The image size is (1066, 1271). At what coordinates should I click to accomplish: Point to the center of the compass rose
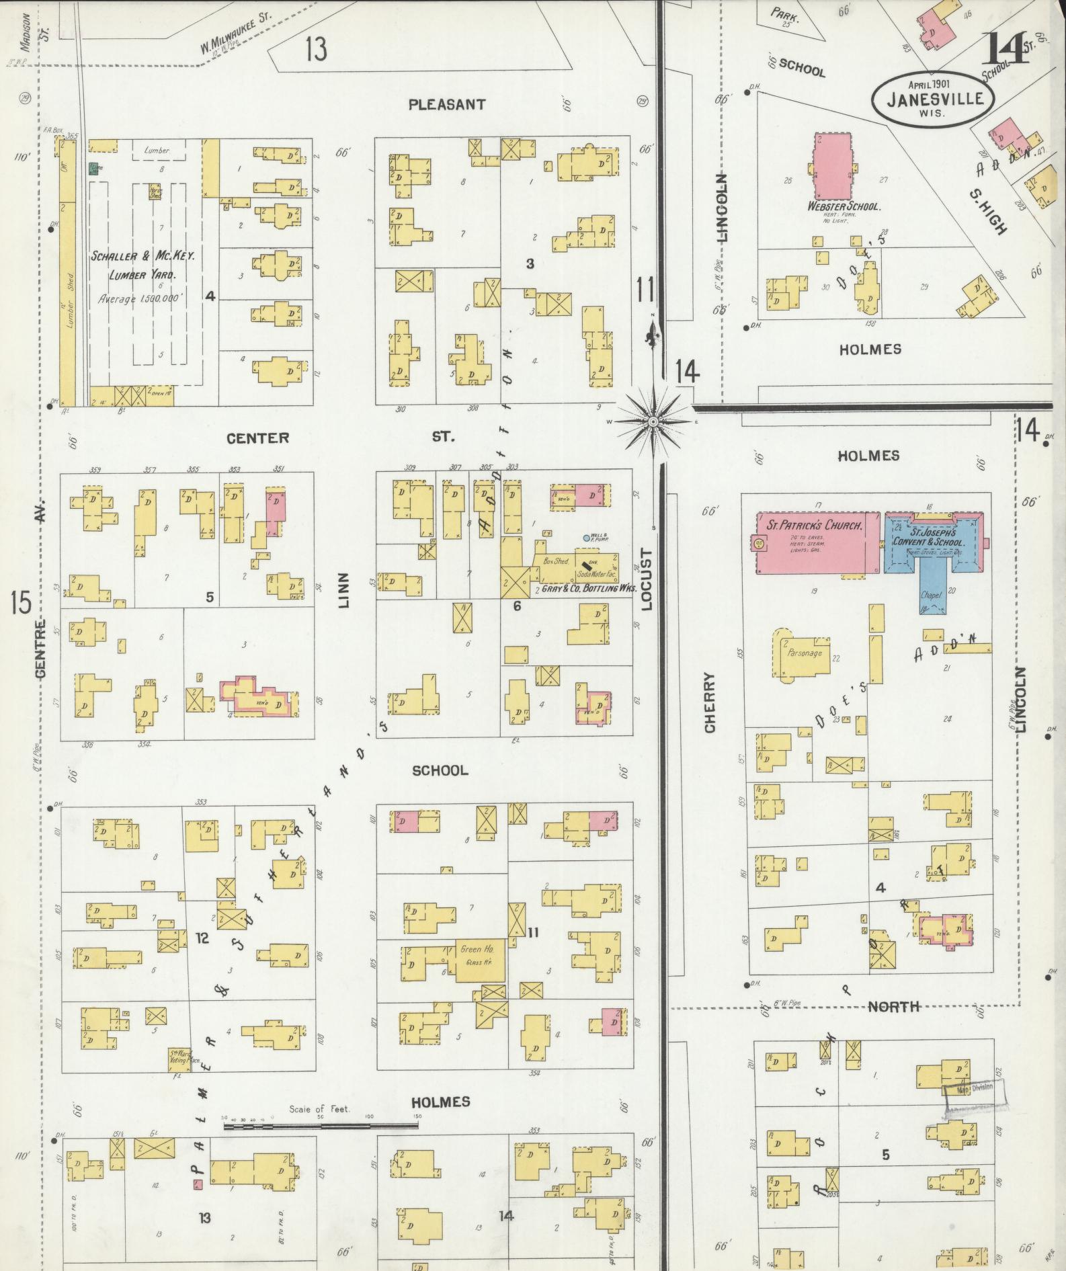coord(653,421)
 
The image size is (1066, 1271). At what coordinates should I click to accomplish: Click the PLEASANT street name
coord(447,105)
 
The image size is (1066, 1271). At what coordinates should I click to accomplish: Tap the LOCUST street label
coord(647,579)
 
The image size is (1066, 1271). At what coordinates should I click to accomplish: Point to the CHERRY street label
coord(710,702)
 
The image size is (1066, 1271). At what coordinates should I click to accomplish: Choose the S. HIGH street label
coord(988,211)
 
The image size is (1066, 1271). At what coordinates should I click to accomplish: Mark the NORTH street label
coord(893,1006)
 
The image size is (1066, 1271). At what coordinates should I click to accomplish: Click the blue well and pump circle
coord(586,538)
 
